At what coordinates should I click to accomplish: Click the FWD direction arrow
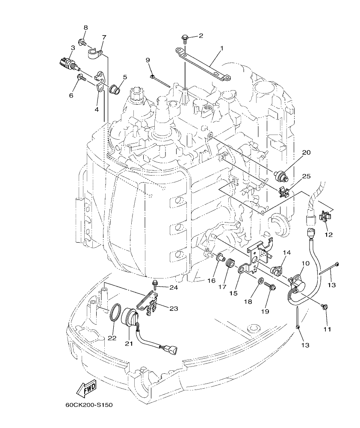click(x=86, y=388)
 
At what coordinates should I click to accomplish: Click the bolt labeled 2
click(x=185, y=39)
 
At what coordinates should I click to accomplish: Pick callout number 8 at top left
click(x=86, y=27)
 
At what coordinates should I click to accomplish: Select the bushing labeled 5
click(x=114, y=89)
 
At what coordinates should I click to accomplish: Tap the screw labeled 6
click(x=81, y=77)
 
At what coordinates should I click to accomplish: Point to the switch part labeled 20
click(x=282, y=175)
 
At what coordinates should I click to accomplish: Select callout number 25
click(x=306, y=176)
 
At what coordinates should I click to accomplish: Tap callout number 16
click(x=211, y=280)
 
